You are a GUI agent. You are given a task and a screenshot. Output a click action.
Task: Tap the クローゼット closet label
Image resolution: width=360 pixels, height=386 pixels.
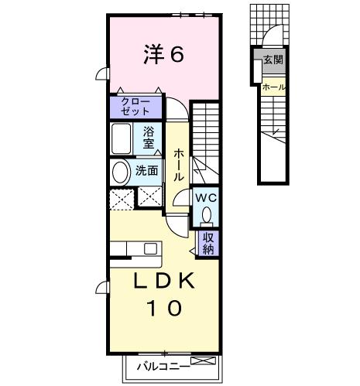pos(136,107)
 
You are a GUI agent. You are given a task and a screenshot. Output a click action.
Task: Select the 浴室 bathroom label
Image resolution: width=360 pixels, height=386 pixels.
pos(149,138)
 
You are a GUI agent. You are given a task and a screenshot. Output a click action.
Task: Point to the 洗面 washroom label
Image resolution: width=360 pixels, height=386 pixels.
pos(147,171)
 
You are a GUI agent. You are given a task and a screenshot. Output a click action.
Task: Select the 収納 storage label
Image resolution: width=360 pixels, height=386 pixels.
pos(208,243)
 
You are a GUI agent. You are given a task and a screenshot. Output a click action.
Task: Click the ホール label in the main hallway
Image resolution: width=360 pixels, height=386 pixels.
pos(178,164)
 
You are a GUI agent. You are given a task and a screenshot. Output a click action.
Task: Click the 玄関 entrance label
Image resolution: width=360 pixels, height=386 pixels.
pos(272,60)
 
